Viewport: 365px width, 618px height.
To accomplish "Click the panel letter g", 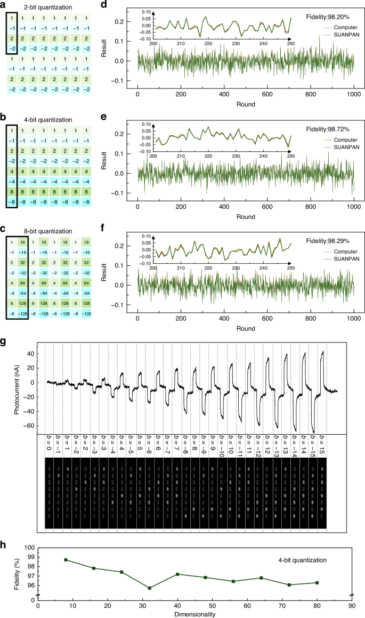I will tap(4, 343).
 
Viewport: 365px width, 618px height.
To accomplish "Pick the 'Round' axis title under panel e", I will tap(246, 217).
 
